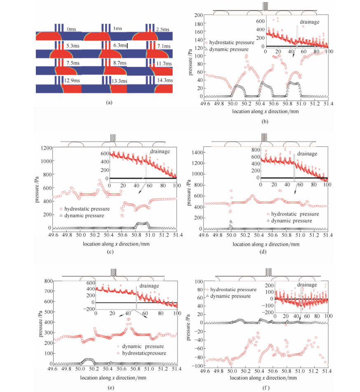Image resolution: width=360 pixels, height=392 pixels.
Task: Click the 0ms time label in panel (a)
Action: point(71,29)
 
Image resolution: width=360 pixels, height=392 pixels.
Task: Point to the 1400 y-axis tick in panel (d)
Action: point(195,153)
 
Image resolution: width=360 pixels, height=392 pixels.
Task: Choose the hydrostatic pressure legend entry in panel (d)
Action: point(293,214)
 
